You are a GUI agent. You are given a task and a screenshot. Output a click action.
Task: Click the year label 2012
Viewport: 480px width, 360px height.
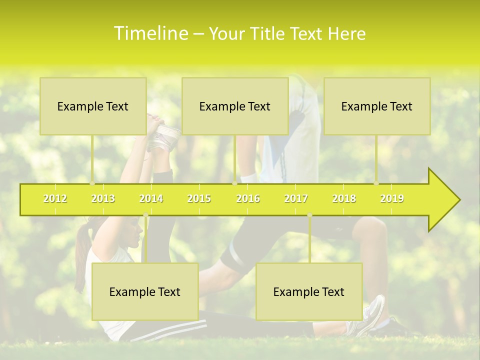click(x=55, y=199)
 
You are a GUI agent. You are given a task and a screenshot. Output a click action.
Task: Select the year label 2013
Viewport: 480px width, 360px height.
click(x=103, y=199)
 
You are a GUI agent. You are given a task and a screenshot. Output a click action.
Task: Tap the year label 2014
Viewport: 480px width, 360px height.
click(x=151, y=199)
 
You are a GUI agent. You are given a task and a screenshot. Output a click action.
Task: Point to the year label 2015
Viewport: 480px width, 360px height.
click(x=199, y=199)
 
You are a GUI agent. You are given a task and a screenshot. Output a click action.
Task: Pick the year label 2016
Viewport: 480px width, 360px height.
click(x=248, y=199)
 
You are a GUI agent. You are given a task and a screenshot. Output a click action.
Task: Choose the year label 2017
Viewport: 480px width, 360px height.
click(x=296, y=199)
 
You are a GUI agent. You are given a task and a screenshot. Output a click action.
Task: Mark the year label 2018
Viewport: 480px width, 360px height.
click(x=344, y=199)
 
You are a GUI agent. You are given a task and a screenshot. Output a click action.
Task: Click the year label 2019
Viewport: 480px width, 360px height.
click(x=392, y=199)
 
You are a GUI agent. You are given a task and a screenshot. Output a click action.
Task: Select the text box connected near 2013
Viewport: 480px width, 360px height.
click(x=93, y=106)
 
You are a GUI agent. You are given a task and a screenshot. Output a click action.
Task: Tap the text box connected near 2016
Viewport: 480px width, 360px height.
click(x=235, y=106)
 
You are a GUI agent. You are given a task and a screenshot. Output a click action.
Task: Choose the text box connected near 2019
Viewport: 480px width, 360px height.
click(x=377, y=106)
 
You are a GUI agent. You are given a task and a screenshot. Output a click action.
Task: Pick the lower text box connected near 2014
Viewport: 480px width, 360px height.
click(x=145, y=291)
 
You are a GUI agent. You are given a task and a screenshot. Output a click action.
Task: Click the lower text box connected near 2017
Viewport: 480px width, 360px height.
click(x=309, y=291)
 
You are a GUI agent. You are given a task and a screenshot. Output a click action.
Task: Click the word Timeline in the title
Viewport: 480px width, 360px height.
click(x=150, y=33)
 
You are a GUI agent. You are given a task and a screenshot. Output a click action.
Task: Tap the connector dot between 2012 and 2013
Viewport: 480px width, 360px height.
click(x=92, y=183)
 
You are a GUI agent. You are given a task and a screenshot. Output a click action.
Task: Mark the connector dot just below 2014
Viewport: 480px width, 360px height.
click(x=145, y=215)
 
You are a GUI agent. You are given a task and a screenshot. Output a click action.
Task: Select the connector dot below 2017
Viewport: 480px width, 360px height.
click(x=309, y=215)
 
